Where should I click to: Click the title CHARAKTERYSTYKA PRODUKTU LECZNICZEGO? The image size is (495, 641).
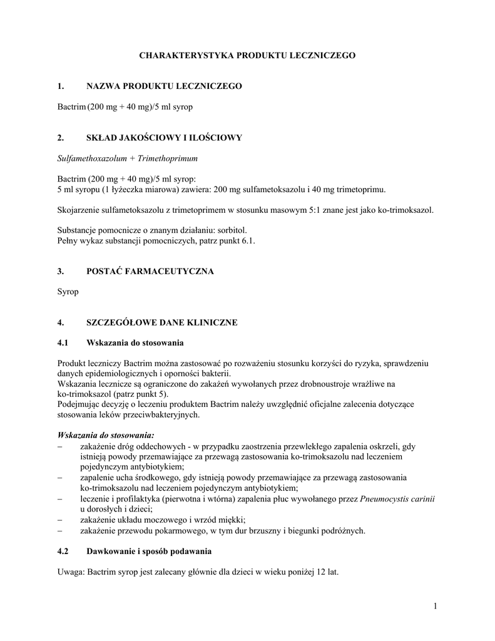tap(247, 56)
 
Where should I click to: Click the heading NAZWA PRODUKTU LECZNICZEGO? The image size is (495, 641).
tap(163, 85)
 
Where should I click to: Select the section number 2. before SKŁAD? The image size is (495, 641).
tap(61, 137)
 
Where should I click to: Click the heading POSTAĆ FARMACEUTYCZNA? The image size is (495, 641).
tap(150, 271)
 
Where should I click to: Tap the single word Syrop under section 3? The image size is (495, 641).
tap(68, 292)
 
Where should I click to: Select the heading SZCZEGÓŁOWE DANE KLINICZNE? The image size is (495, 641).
tap(161, 323)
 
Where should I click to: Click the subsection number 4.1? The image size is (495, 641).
tap(63, 342)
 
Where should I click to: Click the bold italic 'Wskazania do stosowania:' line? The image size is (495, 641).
tap(105, 435)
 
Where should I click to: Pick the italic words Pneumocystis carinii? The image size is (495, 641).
tap(398, 499)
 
